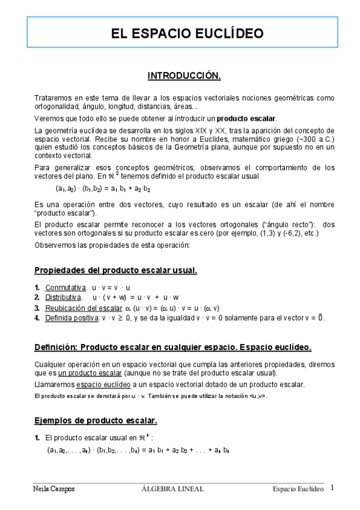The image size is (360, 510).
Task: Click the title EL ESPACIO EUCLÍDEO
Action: (x=179, y=33)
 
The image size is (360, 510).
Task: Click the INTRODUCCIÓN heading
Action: (x=185, y=76)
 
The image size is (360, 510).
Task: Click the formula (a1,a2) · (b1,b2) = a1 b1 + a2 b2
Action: (x=103, y=188)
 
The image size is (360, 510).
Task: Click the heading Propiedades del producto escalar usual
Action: (x=115, y=270)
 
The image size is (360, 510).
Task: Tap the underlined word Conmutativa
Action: (x=66, y=287)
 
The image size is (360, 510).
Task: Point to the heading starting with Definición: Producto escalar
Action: (x=172, y=347)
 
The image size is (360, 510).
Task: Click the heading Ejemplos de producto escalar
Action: (x=96, y=420)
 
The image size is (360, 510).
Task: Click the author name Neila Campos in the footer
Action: (x=53, y=489)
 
